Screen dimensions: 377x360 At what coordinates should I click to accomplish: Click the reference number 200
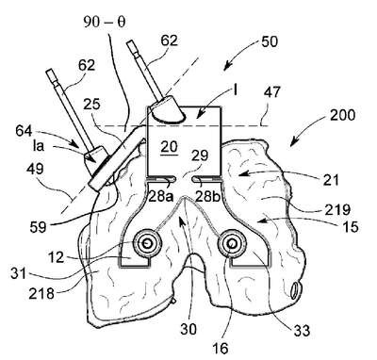coord(343,115)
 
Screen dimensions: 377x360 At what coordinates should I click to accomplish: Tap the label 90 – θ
coord(105,23)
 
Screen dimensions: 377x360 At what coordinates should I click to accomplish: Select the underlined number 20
coord(170,147)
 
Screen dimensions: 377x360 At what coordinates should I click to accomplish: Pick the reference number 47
coord(271,93)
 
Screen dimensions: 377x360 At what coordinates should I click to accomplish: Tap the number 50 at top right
coord(270,41)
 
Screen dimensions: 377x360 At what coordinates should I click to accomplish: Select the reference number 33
coord(302,330)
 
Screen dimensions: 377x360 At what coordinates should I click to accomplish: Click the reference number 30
coord(188,329)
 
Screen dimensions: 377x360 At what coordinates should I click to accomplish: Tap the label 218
coord(41,294)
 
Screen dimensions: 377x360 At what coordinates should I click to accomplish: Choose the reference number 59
coord(39,226)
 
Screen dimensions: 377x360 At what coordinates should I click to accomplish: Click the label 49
coord(35,170)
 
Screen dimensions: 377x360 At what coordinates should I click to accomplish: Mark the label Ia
coord(39,146)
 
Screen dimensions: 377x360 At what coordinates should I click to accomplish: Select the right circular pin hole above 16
coord(232,243)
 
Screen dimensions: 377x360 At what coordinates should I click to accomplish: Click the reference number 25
coord(92,104)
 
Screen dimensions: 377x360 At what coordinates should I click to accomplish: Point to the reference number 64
coord(25,131)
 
